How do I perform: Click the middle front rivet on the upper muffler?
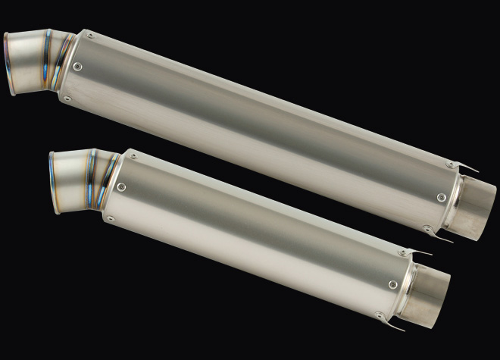point(79,67)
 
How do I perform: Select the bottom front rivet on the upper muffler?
point(67,98)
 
